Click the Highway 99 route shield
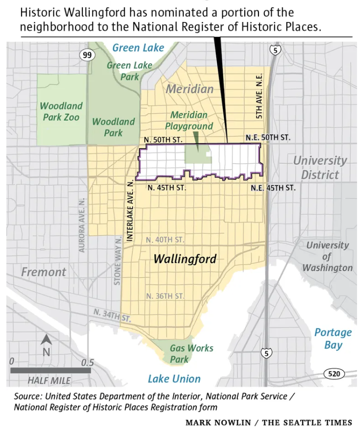click(x=87, y=55)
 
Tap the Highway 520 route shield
click(x=334, y=374)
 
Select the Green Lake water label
click(x=138, y=48)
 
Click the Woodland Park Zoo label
click(x=61, y=111)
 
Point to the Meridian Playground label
click(x=189, y=121)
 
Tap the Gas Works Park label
click(x=191, y=353)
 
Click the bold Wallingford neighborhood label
click(x=185, y=259)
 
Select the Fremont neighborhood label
click(x=43, y=272)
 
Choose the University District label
click(x=320, y=167)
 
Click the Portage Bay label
click(x=333, y=338)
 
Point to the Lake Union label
click(x=174, y=379)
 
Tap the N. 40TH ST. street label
click(x=165, y=240)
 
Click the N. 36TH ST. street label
click(x=165, y=296)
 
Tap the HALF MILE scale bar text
click(x=49, y=380)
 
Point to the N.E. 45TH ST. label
click(x=273, y=188)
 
